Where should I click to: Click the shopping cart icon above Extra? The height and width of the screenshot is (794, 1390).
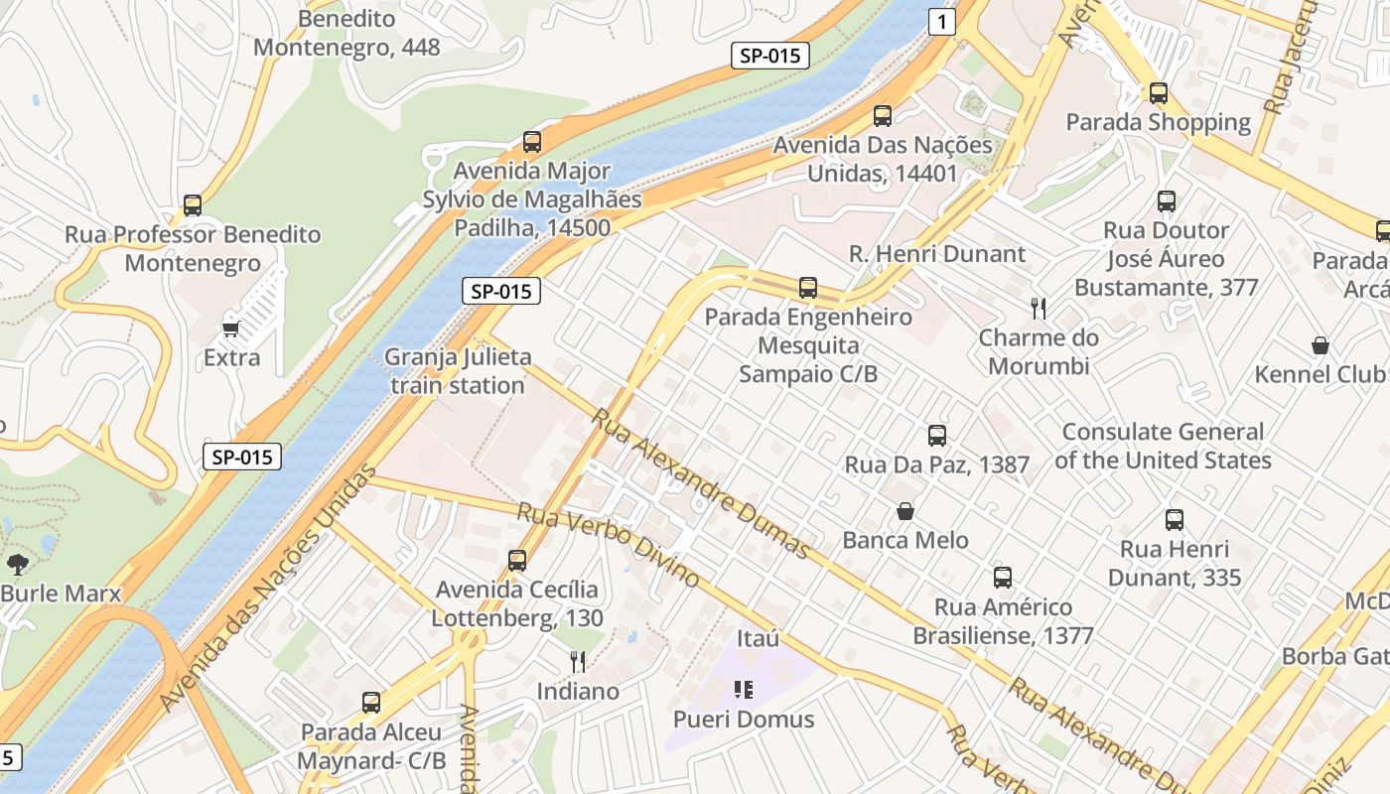click(231, 329)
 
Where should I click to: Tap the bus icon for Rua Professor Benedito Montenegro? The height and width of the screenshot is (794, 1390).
click(193, 205)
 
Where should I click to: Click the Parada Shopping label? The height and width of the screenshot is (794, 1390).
click(1158, 122)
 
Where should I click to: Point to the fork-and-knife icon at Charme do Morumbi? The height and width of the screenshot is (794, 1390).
click(1039, 309)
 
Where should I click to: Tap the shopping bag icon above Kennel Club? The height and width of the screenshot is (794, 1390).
click(1320, 345)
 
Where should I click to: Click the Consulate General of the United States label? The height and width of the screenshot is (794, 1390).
click(1163, 446)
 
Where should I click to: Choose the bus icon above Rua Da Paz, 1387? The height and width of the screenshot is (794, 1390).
click(936, 436)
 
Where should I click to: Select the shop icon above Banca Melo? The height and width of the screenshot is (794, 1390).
click(905, 511)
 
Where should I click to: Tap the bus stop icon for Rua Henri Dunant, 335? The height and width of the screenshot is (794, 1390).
click(1175, 520)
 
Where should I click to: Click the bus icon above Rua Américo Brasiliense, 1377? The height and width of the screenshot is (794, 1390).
click(1002, 578)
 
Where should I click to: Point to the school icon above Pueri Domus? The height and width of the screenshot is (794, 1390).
click(744, 690)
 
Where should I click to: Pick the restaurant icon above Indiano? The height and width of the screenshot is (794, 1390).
click(578, 662)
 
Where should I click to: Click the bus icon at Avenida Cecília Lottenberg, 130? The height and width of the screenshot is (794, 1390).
click(516, 561)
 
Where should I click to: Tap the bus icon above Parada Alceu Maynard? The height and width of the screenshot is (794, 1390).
click(371, 703)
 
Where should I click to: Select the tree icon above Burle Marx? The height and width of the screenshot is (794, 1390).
click(17, 565)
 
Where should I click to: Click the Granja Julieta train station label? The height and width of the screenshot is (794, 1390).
click(458, 370)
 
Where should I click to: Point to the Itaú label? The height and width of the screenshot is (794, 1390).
click(758, 638)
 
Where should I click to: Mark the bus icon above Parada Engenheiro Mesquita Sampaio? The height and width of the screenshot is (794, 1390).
click(808, 288)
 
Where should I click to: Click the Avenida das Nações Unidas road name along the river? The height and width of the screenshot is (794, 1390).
click(268, 586)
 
